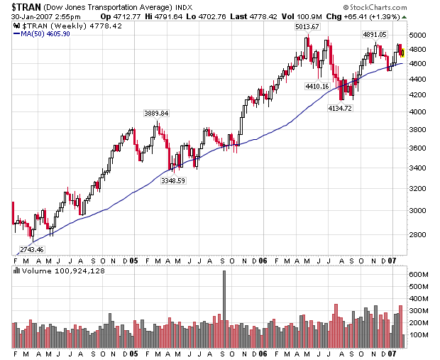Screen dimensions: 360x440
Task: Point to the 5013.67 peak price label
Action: point(308,26)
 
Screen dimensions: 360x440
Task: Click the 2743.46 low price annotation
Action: point(31,250)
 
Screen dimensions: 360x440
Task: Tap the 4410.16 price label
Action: point(317,86)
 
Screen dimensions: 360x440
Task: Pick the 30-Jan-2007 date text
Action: point(28,16)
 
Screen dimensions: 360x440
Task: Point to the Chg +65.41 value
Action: point(353,16)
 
